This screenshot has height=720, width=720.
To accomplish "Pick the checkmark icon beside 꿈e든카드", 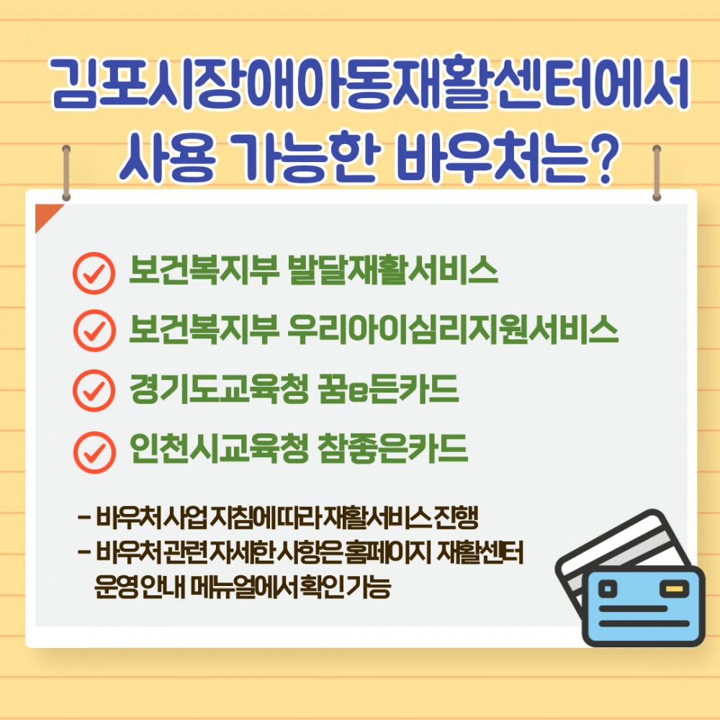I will [x=94, y=391].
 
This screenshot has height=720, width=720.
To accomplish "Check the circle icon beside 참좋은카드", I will [x=94, y=451].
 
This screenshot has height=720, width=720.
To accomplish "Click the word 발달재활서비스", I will [x=392, y=271].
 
